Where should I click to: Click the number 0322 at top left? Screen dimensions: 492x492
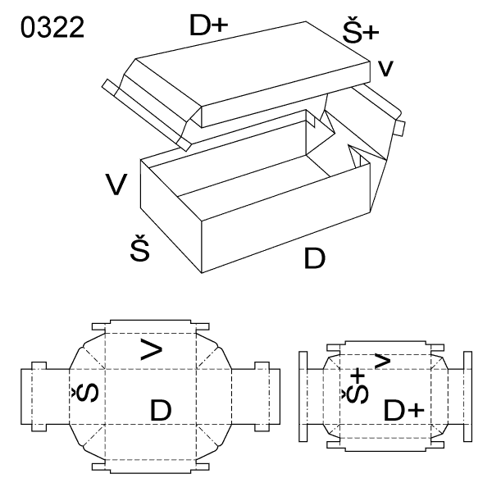click(x=52, y=28)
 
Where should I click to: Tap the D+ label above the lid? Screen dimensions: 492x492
click(x=208, y=25)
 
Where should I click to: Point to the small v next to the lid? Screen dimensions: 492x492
click(x=385, y=68)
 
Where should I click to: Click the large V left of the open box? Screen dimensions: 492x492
click(x=116, y=184)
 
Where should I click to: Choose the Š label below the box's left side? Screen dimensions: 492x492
click(x=140, y=248)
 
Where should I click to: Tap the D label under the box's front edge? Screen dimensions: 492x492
click(x=315, y=258)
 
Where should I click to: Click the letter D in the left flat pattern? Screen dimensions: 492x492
click(x=161, y=410)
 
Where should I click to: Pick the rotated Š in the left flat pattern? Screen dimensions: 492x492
click(x=84, y=393)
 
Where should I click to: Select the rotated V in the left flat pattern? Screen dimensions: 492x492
click(x=151, y=349)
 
